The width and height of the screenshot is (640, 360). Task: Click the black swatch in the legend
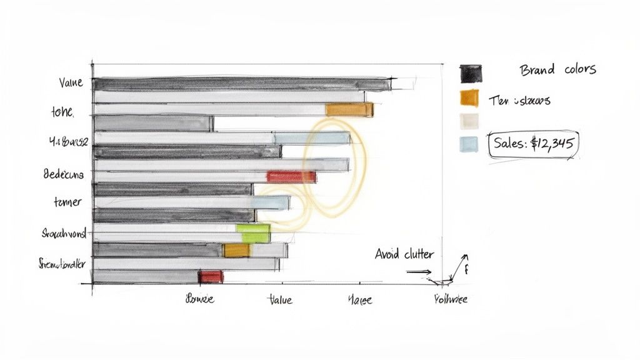tap(469, 73)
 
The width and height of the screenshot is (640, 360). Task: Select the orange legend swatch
tap(469, 98)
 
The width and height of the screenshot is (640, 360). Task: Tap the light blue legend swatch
tap(468, 144)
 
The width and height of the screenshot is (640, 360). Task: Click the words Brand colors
tap(557, 69)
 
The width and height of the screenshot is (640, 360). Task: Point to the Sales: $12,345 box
tap(532, 143)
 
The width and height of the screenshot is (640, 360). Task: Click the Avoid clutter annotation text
tap(404, 254)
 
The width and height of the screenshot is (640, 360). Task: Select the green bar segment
tap(253, 233)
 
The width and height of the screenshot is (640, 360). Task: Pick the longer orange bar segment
tap(349, 110)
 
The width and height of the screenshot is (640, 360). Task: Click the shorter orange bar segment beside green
tap(236, 251)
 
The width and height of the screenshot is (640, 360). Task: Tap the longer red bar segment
tap(291, 177)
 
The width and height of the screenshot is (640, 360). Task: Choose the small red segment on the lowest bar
tap(211, 276)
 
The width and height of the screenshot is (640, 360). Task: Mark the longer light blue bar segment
tap(312, 138)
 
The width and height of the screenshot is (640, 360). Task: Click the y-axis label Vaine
tap(71, 82)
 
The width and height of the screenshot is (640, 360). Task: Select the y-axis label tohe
tap(62, 113)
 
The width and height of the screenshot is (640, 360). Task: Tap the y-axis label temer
tap(67, 202)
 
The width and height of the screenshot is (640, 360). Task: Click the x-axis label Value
tap(279, 300)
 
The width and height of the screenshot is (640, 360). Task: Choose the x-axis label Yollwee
tap(450, 299)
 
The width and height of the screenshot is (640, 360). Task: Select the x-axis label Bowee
tap(200, 299)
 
